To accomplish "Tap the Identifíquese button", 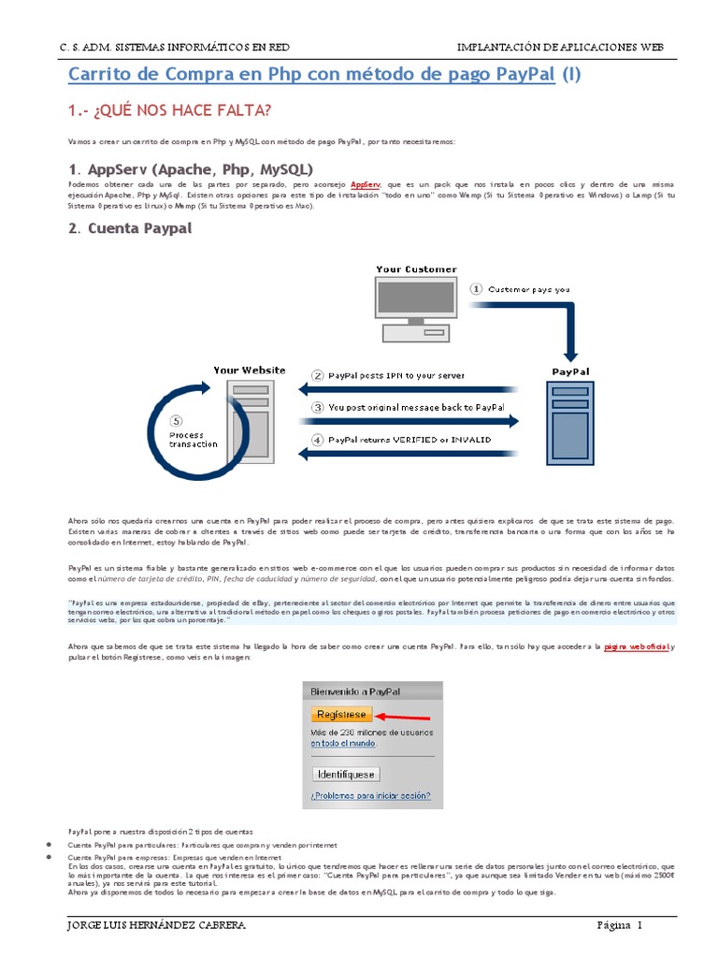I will tap(346, 774).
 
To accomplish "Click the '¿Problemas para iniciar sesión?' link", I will tap(371, 796).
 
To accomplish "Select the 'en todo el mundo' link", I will tap(342, 743).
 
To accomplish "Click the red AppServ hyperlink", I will tap(366, 187).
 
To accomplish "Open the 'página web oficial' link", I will tap(637, 646).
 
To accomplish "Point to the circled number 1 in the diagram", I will tap(476, 289).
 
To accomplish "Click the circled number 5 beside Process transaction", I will tap(178, 420).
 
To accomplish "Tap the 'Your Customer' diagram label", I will tap(416, 269).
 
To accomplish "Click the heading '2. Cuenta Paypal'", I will tap(130, 227).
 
